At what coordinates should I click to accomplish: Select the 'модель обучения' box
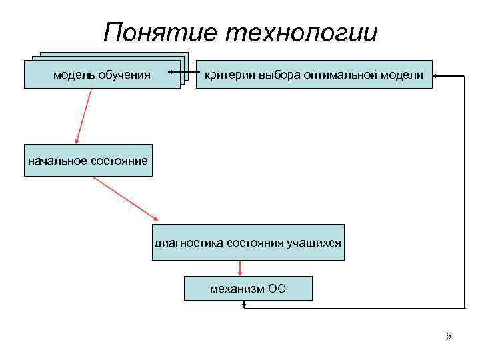pyautogui.click(x=102, y=74)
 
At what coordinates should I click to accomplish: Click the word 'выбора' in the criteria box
pyautogui.click(x=275, y=75)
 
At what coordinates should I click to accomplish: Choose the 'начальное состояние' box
pyautogui.click(x=88, y=160)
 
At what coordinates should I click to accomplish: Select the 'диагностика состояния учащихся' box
pyautogui.click(x=248, y=242)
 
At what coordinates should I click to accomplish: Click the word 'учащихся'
pyautogui.click(x=317, y=243)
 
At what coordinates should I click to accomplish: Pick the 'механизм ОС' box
pyautogui.click(x=247, y=289)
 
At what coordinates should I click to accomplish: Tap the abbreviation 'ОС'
pyautogui.click(x=277, y=289)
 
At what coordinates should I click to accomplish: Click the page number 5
pyautogui.click(x=449, y=336)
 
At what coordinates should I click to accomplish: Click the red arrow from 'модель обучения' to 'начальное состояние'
pyautogui.click(x=83, y=116)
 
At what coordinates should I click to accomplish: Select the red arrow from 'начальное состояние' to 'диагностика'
pyautogui.click(x=125, y=199)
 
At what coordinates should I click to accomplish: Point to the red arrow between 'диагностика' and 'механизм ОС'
pyautogui.click(x=239, y=267)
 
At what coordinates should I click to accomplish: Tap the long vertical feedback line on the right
pyautogui.click(x=465, y=193)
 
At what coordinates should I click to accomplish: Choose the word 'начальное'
pyautogui.click(x=53, y=160)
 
